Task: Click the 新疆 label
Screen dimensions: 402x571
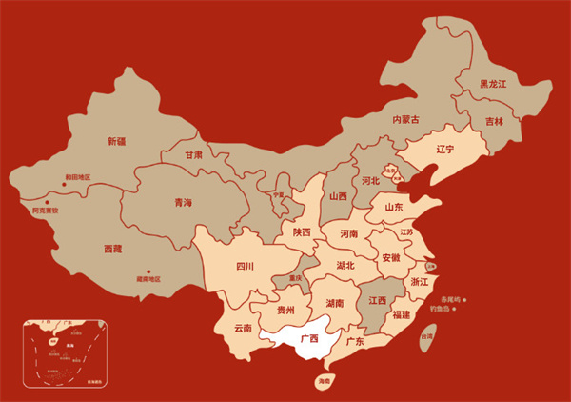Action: coord(116,142)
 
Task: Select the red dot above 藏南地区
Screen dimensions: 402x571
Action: coord(148,271)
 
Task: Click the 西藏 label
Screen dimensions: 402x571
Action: coord(112,249)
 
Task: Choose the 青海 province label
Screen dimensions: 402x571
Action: coord(182,203)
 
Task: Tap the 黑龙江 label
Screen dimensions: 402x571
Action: coord(492,85)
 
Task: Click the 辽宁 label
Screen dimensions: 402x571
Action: coord(444,150)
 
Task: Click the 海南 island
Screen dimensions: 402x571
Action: coord(325,381)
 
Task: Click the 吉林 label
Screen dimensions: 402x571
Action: coord(493,122)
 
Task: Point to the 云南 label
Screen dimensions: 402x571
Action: coord(242,329)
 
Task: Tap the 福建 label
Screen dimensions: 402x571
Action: coord(401,315)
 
